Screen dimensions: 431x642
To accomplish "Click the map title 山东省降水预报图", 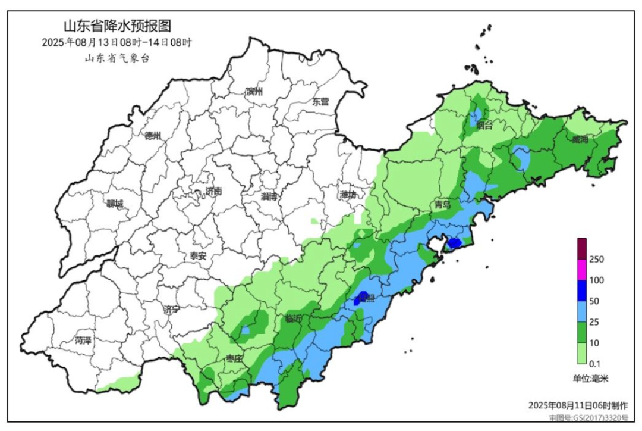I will (117, 26).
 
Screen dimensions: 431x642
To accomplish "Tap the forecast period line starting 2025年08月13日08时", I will (117, 43).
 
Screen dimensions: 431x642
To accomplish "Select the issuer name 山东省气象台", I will (117, 58).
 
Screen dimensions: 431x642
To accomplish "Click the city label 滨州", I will (254, 92).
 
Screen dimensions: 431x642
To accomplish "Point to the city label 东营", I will (320, 102).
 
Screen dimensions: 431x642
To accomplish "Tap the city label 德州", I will (153, 136).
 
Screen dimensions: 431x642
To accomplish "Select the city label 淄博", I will (269, 196).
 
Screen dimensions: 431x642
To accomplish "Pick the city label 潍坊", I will (348, 195).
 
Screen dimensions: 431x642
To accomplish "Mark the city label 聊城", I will (115, 204).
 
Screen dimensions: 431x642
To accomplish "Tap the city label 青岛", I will (442, 204).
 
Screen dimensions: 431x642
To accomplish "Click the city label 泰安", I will (198, 256).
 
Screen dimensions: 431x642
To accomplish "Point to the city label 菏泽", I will (83, 341).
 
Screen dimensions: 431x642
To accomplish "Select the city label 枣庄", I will (234, 358).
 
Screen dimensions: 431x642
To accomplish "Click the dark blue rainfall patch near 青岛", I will (454, 243).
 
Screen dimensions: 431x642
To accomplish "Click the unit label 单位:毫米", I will (591, 378).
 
